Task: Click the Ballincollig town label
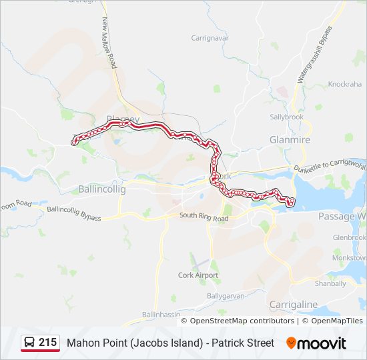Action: (x=101, y=189)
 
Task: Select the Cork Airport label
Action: (x=198, y=275)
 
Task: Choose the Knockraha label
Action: (x=345, y=85)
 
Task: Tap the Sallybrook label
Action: (x=286, y=117)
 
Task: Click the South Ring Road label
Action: (x=204, y=217)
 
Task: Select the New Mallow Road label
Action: (x=109, y=43)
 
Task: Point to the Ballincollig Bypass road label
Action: (x=73, y=213)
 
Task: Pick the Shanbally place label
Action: (x=330, y=283)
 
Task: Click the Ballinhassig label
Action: (x=160, y=315)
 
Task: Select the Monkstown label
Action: (x=351, y=257)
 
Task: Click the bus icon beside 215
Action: (x=29, y=343)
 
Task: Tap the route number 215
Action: (x=47, y=343)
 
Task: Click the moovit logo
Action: (x=316, y=343)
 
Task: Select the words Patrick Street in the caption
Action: (x=243, y=343)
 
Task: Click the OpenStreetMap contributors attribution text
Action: (x=242, y=321)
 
